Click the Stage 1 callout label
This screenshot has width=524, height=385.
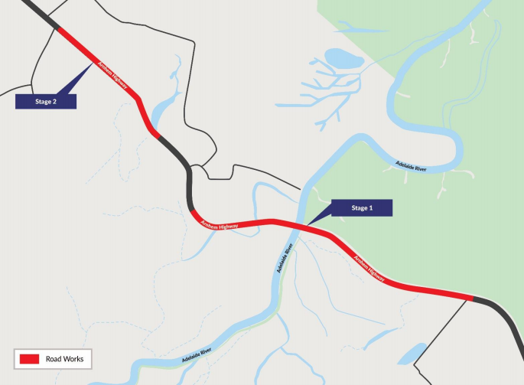360,207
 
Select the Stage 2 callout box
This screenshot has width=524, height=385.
46,101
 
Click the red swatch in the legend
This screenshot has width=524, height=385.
29,357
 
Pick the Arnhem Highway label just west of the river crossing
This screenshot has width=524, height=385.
220,226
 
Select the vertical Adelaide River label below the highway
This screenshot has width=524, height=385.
285,259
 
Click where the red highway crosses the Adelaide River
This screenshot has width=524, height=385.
301,225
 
